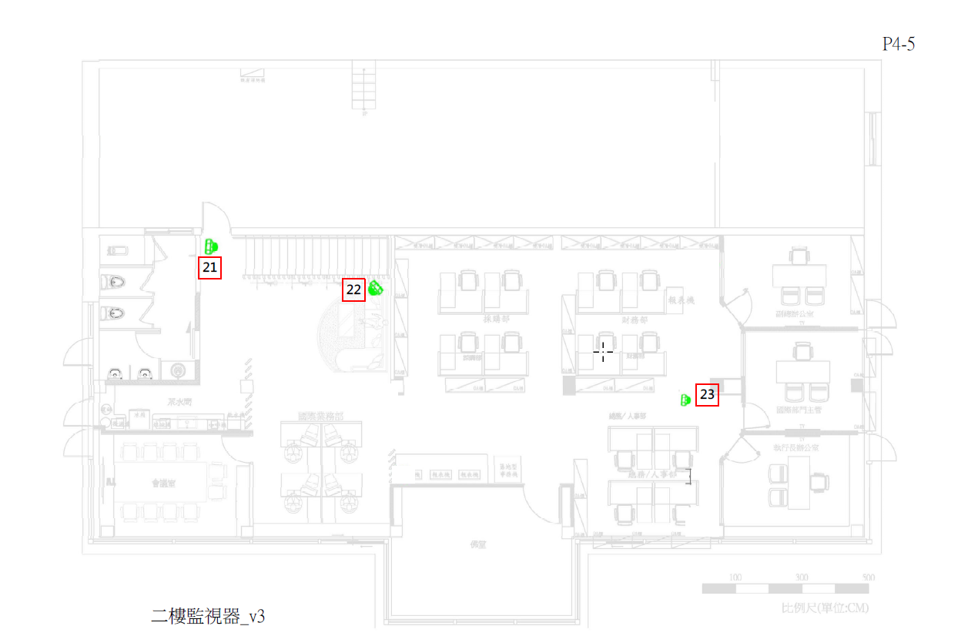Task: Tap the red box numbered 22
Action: tap(353, 290)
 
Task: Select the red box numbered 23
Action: tap(707, 395)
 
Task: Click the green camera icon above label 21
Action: tap(211, 246)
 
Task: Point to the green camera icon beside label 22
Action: tap(376, 289)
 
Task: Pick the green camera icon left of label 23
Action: tap(685, 400)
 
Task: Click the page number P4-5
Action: tap(898, 45)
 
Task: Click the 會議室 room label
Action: tap(164, 484)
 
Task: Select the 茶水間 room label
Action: tap(179, 402)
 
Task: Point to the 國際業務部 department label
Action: tap(321, 417)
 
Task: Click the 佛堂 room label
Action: tap(480, 544)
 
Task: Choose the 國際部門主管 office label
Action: tap(799, 410)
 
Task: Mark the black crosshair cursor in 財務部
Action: tap(603, 352)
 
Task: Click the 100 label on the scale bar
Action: tap(735, 577)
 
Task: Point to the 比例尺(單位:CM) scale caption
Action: tap(825, 608)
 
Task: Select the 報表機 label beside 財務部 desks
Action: tap(681, 300)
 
